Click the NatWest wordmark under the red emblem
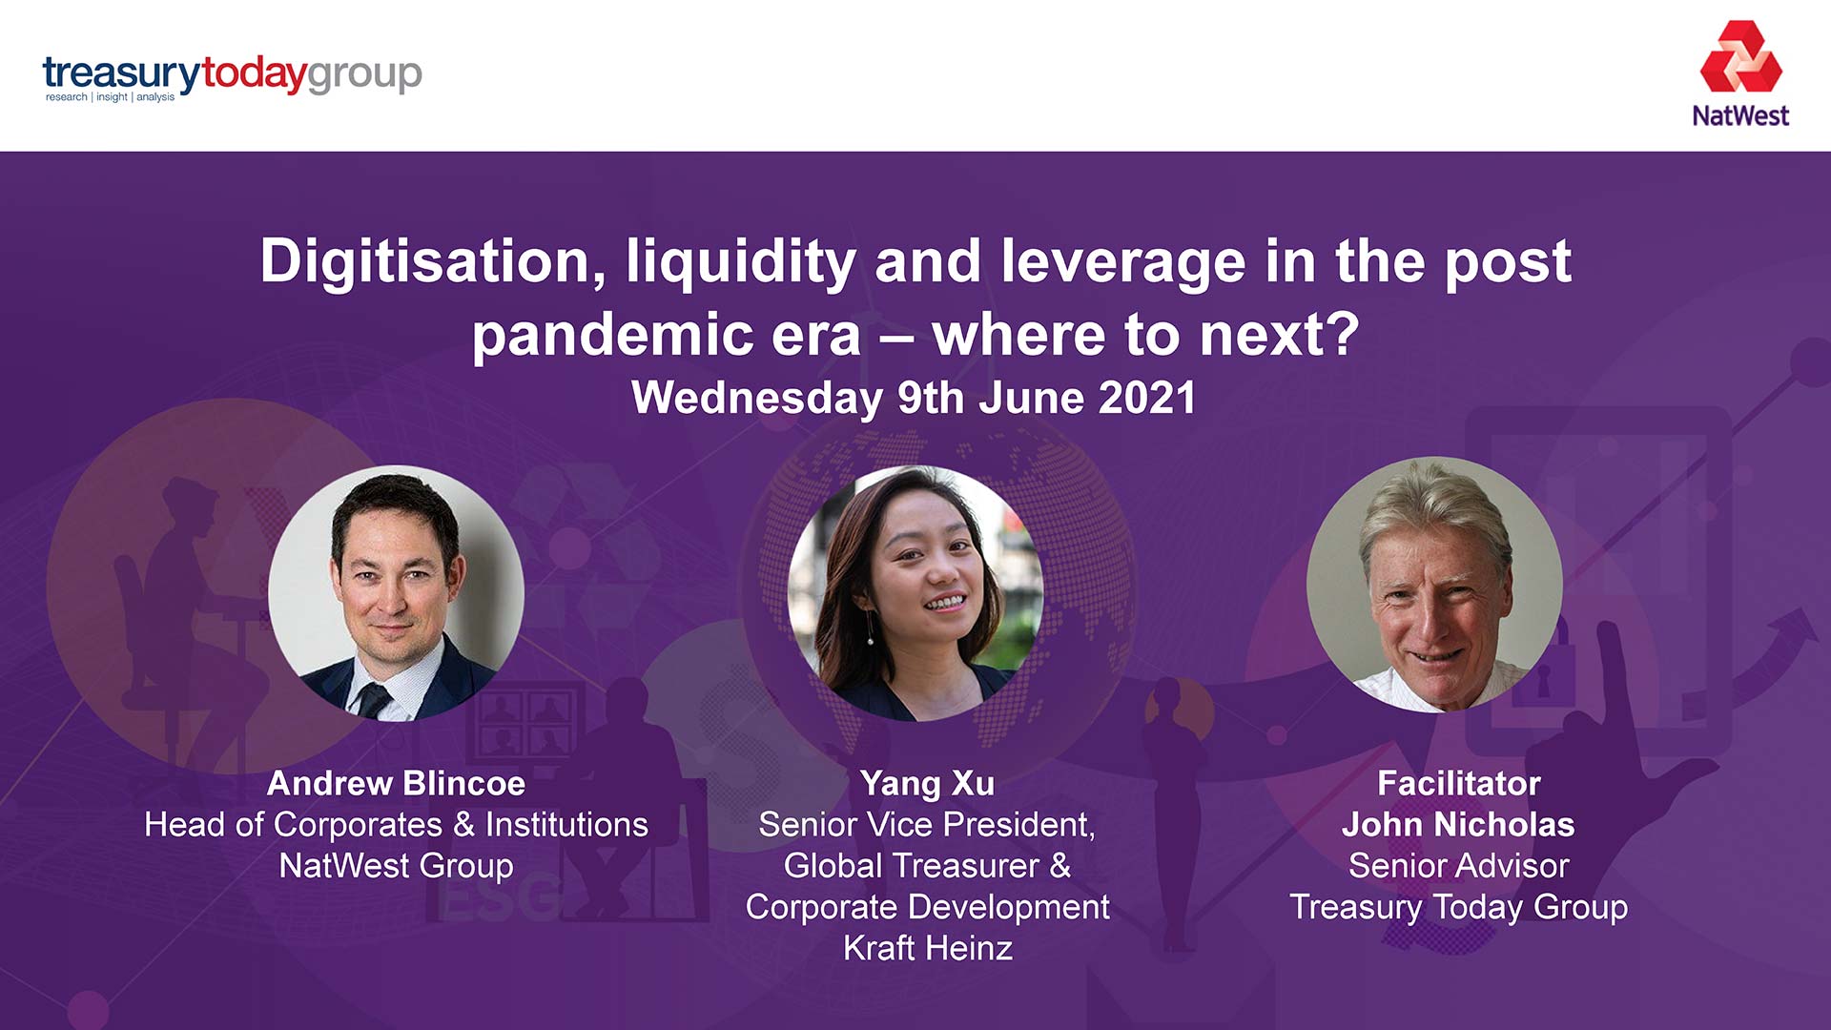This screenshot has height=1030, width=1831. point(1740,116)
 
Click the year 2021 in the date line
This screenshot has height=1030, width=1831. point(1146,398)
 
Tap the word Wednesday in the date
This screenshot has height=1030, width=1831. point(756,398)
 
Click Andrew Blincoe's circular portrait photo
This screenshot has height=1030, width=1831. point(396,593)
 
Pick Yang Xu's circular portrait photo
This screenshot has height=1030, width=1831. point(915,593)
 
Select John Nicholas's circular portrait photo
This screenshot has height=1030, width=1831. point(1433,585)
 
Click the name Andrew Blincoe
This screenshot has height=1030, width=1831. point(396,783)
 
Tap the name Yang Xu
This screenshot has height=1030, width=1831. point(927,783)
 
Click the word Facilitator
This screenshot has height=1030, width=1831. point(1458,783)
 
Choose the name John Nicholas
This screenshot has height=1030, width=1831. point(1458,824)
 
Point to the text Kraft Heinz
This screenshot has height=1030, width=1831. point(927,948)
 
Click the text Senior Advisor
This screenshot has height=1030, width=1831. point(1458,866)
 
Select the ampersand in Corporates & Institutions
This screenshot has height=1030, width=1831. point(464,825)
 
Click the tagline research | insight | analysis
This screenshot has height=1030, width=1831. point(110,97)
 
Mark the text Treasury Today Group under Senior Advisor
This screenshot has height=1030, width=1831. point(1458,907)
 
